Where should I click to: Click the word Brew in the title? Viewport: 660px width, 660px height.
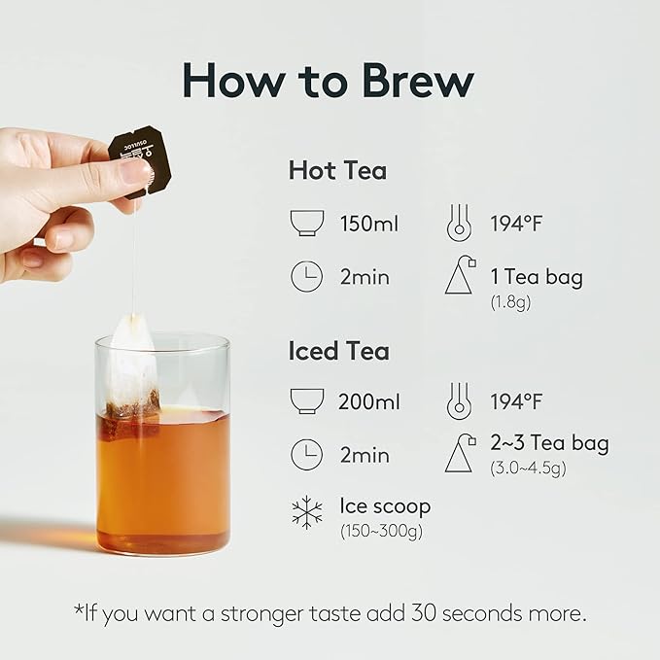[x=418, y=81]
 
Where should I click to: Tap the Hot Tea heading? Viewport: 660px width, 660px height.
[x=337, y=170]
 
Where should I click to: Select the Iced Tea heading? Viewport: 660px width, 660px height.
[x=339, y=351]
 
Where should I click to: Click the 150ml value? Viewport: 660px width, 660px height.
[x=369, y=224]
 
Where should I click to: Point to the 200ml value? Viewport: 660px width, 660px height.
[x=369, y=401]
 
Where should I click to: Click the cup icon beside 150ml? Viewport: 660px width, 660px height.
[x=307, y=223]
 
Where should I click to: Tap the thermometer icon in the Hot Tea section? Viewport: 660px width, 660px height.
[x=459, y=223]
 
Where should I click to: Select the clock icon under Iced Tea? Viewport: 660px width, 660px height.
[x=307, y=455]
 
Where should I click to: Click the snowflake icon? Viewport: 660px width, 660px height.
[x=307, y=512]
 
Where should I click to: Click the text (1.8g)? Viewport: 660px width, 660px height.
[x=510, y=302]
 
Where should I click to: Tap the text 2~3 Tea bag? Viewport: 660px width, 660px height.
[x=550, y=443]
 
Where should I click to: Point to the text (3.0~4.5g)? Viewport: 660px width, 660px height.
[x=528, y=469]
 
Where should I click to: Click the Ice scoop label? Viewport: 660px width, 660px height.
[x=385, y=506]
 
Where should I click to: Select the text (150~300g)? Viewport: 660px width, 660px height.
[x=381, y=531]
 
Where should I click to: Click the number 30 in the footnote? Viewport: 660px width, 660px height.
[x=424, y=612]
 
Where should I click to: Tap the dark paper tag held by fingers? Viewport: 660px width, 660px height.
[x=140, y=161]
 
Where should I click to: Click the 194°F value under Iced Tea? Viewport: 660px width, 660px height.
[x=516, y=401]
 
